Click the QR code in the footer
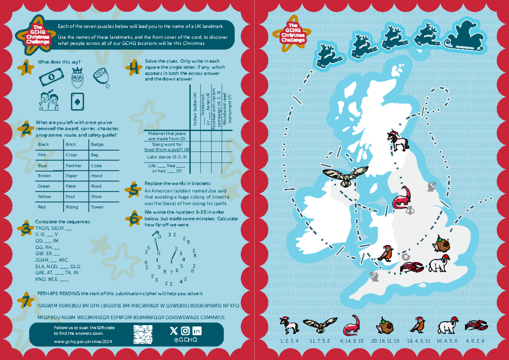coord(143,334)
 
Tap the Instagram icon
coord(185,331)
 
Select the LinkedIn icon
coord(197,331)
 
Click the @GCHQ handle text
coord(185,340)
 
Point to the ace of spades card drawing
coord(77,100)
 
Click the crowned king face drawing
coord(77,76)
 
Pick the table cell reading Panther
coord(73,166)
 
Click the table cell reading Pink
coord(42,155)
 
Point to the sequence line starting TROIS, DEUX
coord(53,228)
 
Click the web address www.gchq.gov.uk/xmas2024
coord(78,341)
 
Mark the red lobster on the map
coord(411,268)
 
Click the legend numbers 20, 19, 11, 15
coord(385,340)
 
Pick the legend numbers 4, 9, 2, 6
coord(475,340)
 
